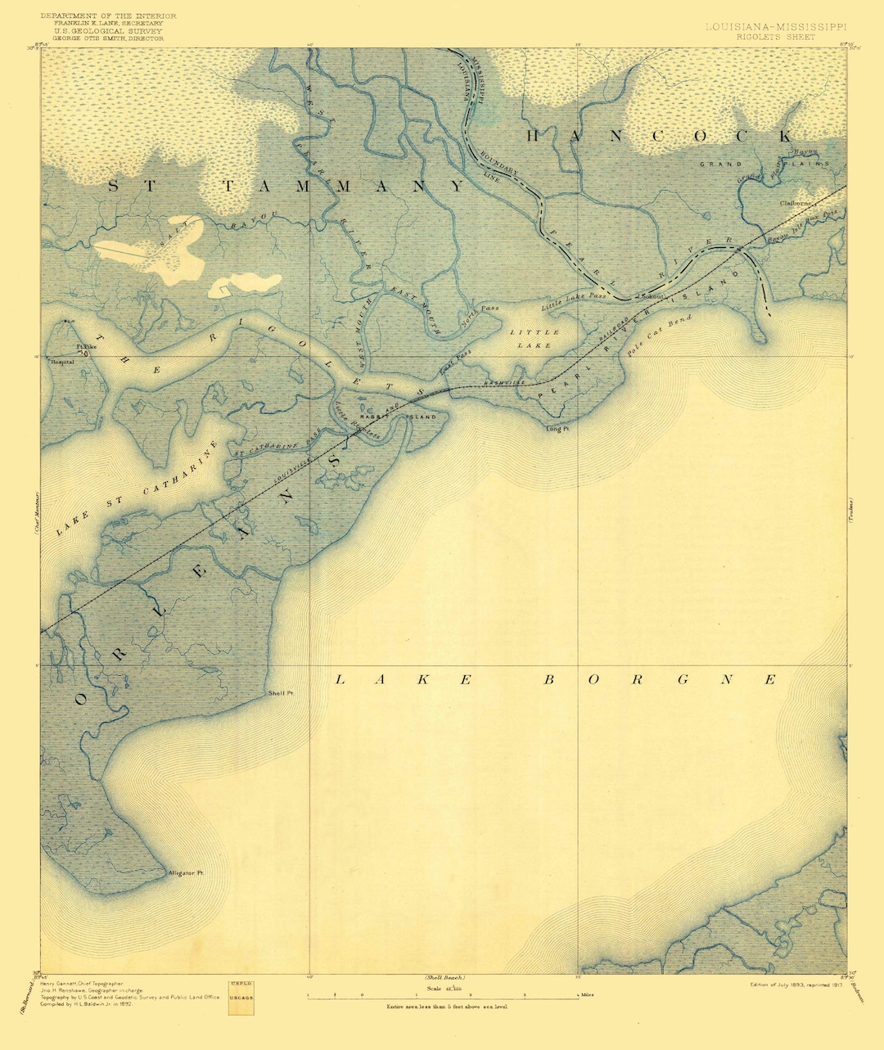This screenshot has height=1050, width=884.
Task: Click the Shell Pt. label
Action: click(281, 693)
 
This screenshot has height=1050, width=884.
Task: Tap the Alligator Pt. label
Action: click(185, 873)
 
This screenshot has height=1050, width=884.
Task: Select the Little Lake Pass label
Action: click(574, 301)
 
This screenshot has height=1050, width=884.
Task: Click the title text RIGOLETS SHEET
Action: click(761, 37)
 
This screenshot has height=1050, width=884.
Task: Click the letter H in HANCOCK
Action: click(534, 136)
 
